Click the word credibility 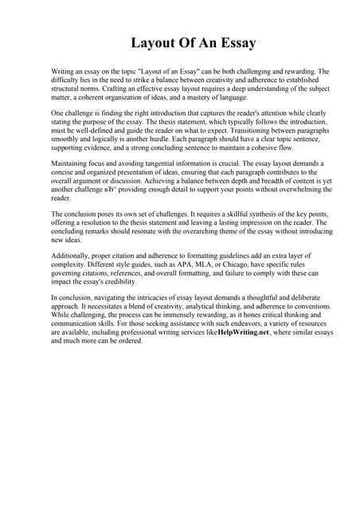[x=119, y=281]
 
